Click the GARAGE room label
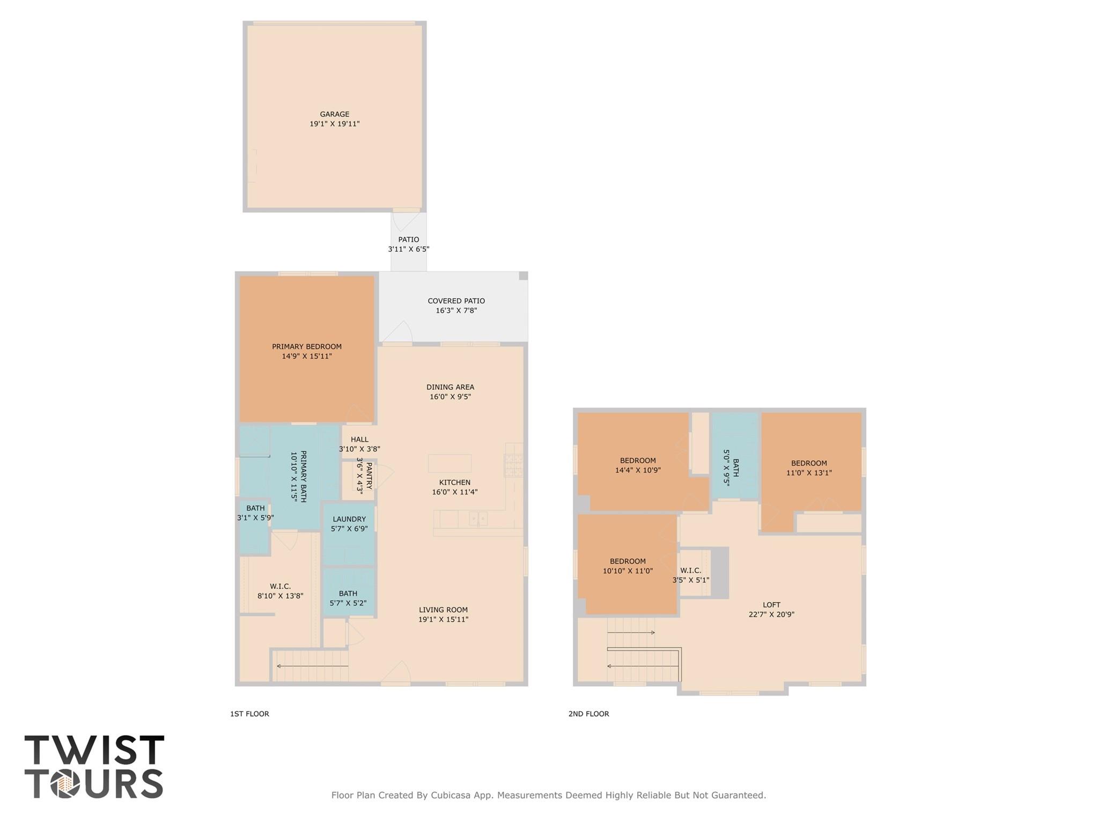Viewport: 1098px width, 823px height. tap(334, 114)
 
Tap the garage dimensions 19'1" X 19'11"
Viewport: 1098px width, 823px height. tap(334, 124)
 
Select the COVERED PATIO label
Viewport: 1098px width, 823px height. tap(456, 301)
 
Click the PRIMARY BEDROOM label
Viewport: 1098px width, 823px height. tap(306, 346)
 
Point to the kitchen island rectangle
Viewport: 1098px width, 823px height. tap(449, 463)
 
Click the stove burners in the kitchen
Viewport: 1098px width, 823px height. tap(513, 465)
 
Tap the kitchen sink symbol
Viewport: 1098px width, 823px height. tap(478, 518)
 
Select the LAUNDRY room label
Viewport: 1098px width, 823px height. tap(349, 519)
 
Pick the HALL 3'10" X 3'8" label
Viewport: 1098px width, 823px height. tap(359, 444)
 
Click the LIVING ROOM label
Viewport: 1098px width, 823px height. tap(443, 610)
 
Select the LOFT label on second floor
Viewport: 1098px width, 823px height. tap(771, 605)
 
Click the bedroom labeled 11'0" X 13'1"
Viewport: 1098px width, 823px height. tap(808, 468)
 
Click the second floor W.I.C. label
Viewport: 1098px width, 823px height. tap(690, 570)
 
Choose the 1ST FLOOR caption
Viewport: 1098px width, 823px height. tap(249, 714)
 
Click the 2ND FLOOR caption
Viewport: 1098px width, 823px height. tap(588, 714)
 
